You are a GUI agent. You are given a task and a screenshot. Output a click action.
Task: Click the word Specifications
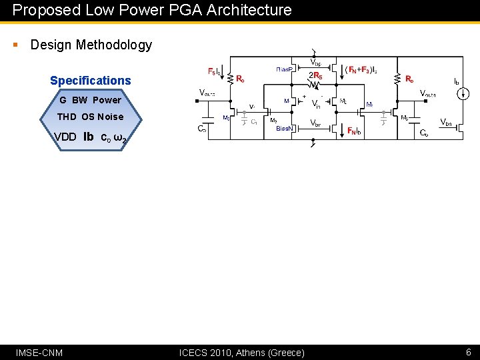tap(91, 81)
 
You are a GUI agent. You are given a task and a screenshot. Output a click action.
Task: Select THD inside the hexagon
tap(67, 117)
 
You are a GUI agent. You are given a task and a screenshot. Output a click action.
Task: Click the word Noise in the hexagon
tap(111, 117)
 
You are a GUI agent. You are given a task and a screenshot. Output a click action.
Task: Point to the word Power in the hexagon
tap(107, 100)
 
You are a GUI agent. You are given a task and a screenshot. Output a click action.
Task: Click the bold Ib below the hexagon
tap(88, 137)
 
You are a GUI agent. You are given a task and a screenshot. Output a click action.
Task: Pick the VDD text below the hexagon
tap(65, 137)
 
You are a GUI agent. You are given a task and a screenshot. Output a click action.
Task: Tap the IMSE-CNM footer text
tap(39, 352)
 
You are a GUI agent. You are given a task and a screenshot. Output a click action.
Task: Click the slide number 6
tap(469, 352)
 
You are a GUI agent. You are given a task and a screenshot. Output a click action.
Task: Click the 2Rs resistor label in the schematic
tap(315, 76)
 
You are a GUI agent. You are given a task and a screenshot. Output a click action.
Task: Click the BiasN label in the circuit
tap(285, 130)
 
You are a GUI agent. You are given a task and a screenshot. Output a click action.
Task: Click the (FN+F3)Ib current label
tap(361, 69)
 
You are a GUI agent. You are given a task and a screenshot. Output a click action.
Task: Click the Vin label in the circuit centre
tap(316, 104)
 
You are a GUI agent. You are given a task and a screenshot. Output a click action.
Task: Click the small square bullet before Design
tap(15, 45)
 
